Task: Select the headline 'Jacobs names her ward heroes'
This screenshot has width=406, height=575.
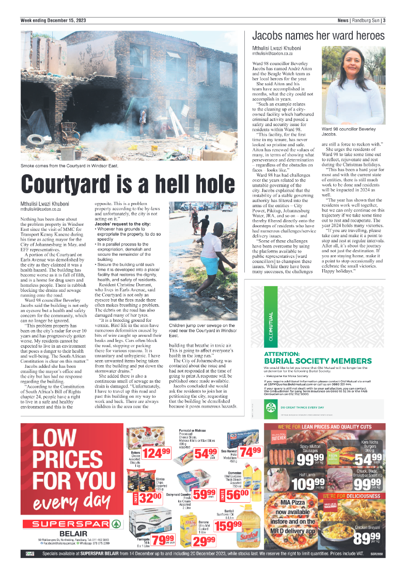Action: [318, 36]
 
